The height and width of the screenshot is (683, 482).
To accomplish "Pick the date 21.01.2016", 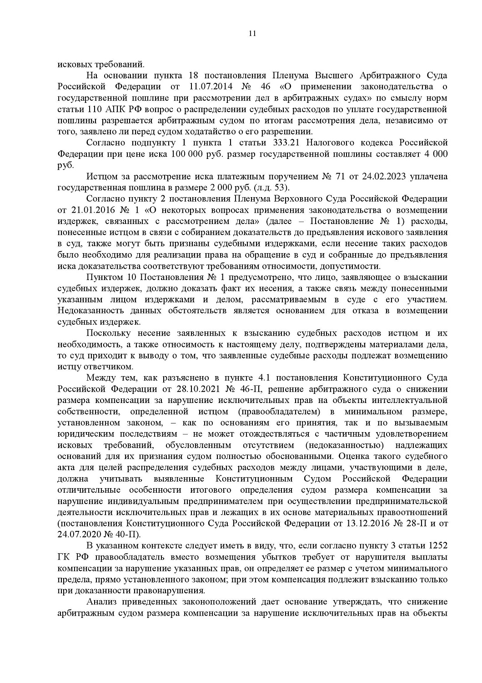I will point(90,210).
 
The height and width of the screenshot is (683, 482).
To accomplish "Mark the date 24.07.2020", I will point(79,534).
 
